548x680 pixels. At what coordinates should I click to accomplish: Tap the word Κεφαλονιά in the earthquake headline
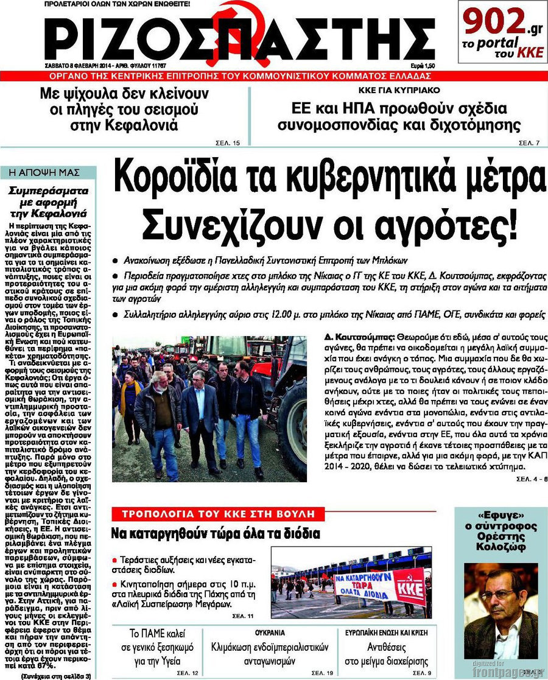point(149,126)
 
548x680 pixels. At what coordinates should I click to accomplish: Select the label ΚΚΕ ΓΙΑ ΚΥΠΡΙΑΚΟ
point(399,91)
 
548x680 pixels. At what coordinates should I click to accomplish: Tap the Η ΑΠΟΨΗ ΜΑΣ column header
point(49,172)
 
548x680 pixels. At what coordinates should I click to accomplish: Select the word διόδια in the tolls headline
point(298,534)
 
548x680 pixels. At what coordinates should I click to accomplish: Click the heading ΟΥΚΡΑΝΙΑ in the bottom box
point(270,633)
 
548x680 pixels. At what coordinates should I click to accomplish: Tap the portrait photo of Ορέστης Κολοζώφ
point(501,609)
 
